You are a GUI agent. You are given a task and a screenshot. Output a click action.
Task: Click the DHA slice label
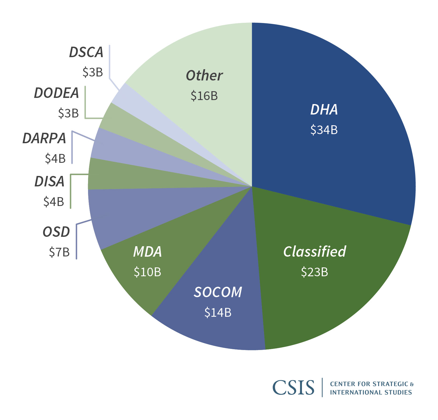pos(324,110)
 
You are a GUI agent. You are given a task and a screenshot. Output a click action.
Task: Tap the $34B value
pos(324,130)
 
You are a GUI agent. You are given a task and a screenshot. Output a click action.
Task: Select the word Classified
pos(315,252)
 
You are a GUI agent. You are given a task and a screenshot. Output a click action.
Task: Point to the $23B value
pos(315,272)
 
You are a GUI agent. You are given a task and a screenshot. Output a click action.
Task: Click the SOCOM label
pos(218,292)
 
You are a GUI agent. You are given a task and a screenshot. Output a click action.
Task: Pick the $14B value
pos(218,312)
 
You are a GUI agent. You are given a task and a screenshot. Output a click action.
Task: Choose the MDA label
pos(147,252)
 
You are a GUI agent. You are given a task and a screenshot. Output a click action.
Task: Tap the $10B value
pos(147,272)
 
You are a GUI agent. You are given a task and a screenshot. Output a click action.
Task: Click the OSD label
pos(56,232)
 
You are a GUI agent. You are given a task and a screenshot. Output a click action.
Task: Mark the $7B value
pos(59,252)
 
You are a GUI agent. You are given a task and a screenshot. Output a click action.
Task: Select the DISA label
pos(49,182)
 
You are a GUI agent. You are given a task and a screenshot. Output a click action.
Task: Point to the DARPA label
pos(44,138)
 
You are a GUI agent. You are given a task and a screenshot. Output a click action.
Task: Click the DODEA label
pos(56,93)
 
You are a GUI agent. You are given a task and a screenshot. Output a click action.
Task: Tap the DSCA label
pos(86,52)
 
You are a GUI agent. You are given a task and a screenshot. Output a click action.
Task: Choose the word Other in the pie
pos(204,76)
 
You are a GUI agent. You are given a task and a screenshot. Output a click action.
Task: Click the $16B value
pos(204,96)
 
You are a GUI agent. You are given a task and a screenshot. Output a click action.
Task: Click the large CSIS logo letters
pos(293,388)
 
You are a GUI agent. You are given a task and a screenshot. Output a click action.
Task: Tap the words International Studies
pos(371,392)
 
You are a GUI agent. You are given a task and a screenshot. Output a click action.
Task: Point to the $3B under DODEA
pos(68,113)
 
